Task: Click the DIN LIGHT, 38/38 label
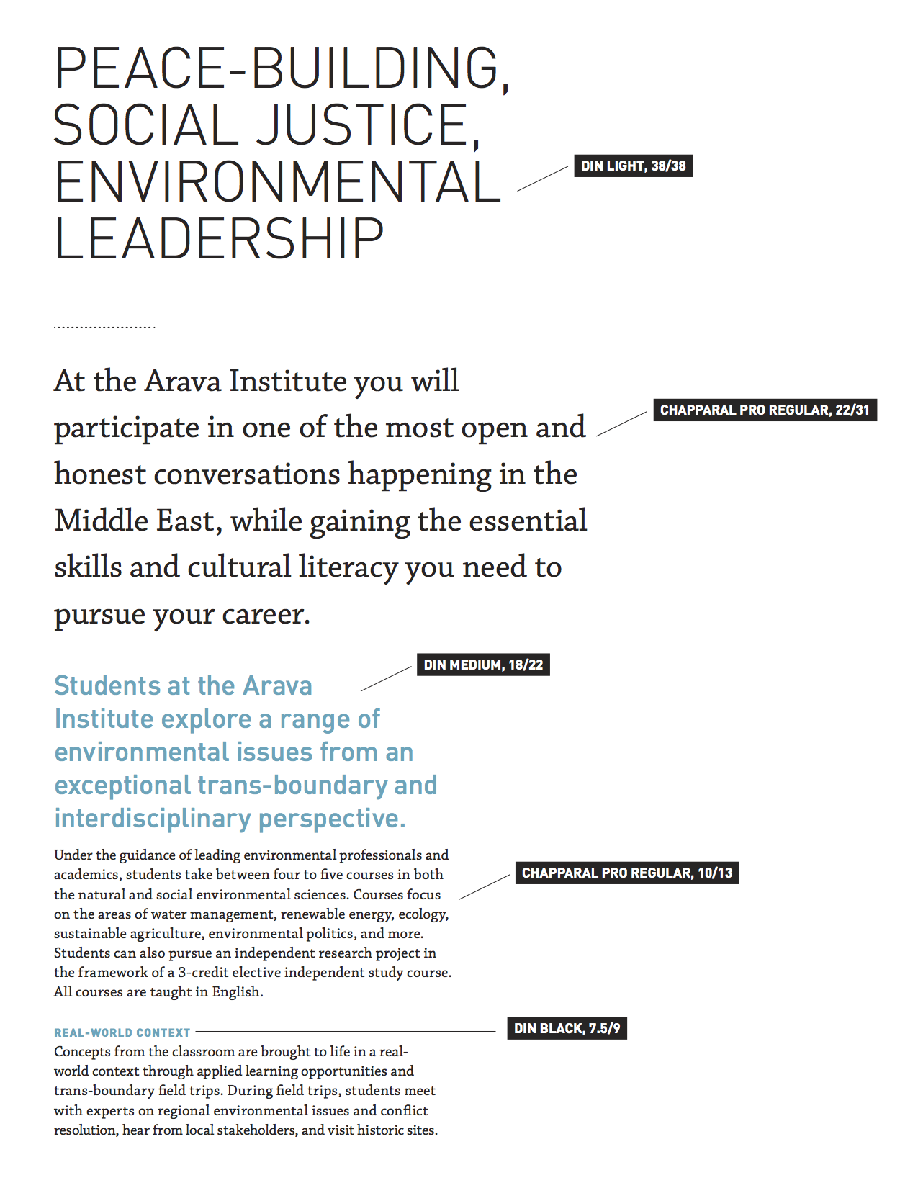pyautogui.click(x=633, y=166)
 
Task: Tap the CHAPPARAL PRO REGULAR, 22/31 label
pyautogui.click(x=765, y=410)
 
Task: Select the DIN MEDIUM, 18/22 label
pyautogui.click(x=483, y=665)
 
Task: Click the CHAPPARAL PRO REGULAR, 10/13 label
pyautogui.click(x=626, y=873)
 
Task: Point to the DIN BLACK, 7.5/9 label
pyautogui.click(x=567, y=1028)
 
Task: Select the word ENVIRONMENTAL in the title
pyautogui.click(x=277, y=182)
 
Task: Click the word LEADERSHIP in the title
pyautogui.click(x=220, y=240)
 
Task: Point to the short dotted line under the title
pyautogui.click(x=104, y=328)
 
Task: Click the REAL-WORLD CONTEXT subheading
pyautogui.click(x=122, y=1032)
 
